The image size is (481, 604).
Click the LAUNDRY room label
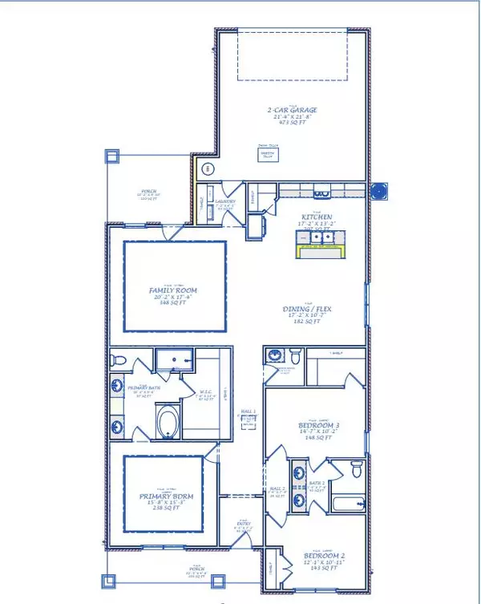[225, 201]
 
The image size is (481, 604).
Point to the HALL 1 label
[249, 411]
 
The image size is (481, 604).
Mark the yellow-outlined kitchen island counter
[319, 253]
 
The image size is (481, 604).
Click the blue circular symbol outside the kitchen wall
[382, 191]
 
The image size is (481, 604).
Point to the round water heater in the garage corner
[208, 169]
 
